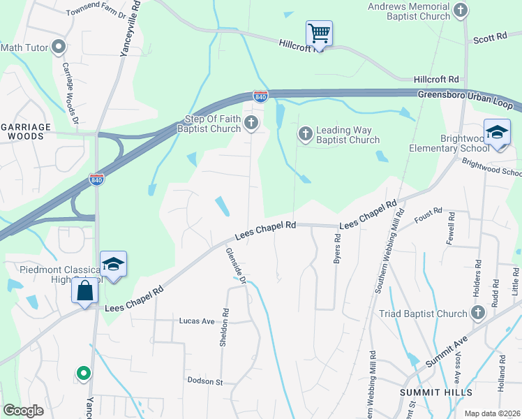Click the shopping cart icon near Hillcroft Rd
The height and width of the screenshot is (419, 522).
(319, 33)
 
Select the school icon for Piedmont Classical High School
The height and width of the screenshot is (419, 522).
(113, 265)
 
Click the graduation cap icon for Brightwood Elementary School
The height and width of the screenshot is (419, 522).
(497, 133)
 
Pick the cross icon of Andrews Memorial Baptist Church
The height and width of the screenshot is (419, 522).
(460, 10)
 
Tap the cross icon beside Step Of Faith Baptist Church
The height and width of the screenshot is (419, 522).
(251, 124)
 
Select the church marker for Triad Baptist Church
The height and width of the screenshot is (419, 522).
(477, 314)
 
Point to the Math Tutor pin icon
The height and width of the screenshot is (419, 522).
(59, 47)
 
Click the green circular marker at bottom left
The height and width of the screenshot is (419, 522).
(84, 374)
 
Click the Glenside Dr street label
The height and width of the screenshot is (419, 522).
(236, 265)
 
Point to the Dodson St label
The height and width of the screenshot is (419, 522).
(204, 381)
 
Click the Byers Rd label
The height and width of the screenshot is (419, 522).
(338, 247)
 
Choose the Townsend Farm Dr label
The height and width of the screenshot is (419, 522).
(96, 13)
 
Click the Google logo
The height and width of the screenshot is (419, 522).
(23, 411)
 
